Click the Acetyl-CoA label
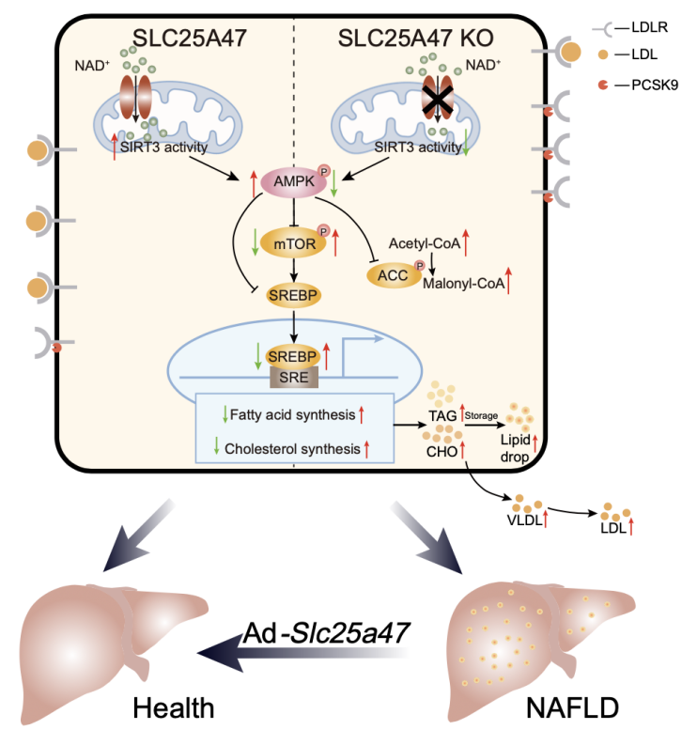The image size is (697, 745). pyautogui.click(x=426, y=243)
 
